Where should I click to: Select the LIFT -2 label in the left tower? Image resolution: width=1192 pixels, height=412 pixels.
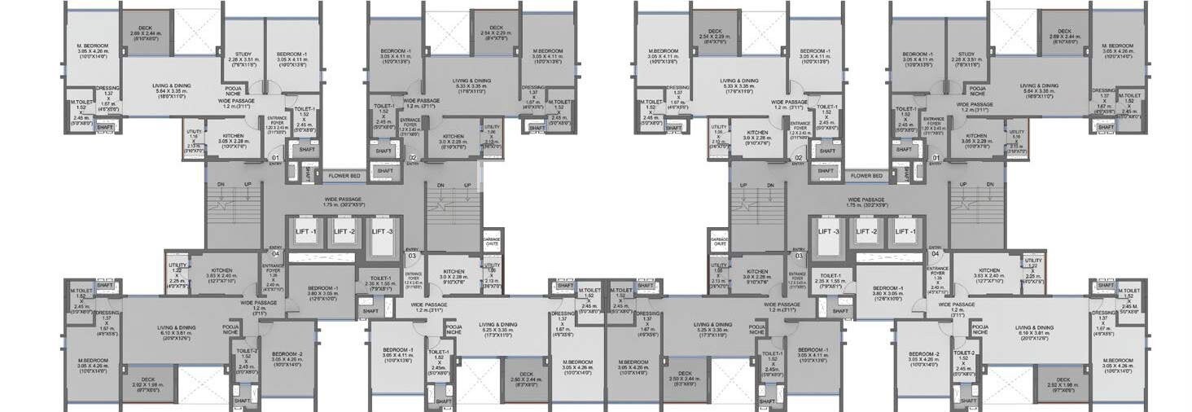(344, 231)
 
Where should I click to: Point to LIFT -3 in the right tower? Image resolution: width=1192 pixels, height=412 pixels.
(829, 231)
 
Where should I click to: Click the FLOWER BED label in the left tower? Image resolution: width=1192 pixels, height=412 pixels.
(344, 175)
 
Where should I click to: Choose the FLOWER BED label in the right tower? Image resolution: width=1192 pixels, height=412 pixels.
(866, 175)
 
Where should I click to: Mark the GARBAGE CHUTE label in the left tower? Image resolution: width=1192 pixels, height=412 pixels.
(491, 241)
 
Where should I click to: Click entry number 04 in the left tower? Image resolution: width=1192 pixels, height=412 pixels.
(275, 253)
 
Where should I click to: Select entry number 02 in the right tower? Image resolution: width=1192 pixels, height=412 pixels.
(798, 157)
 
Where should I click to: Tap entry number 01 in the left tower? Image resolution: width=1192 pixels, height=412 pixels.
(275, 157)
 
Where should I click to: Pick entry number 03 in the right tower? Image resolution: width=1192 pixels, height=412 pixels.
(799, 255)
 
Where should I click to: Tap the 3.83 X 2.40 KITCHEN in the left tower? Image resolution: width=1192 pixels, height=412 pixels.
(222, 270)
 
